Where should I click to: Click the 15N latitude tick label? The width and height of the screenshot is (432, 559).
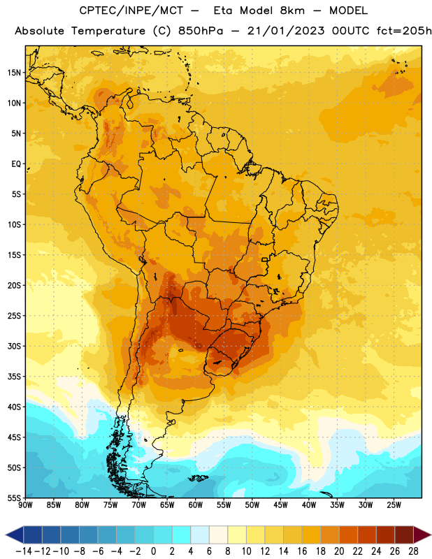[14, 73]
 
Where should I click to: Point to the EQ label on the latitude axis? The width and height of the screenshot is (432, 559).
[16, 164]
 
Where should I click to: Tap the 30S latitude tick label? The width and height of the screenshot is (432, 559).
[14, 346]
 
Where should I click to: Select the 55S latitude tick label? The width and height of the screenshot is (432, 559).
[14, 498]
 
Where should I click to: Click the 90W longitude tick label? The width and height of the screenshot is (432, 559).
[25, 505]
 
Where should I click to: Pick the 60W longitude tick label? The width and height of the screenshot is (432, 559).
[196, 505]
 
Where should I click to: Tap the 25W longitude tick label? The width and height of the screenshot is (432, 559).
[394, 505]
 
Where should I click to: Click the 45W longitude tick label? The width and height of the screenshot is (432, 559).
[281, 505]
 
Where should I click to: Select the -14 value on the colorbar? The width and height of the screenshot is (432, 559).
[24, 551]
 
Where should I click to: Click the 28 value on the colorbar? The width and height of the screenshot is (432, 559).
[413, 551]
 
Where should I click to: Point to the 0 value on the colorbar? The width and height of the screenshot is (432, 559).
[153, 551]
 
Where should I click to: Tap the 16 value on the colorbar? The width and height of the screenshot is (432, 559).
[302, 551]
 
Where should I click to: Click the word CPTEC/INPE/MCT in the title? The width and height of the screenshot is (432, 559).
[131, 10]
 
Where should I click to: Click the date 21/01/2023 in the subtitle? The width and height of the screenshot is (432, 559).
[286, 31]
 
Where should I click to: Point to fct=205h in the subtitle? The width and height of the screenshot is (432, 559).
[404, 31]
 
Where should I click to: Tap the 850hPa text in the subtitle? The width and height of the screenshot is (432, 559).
[201, 31]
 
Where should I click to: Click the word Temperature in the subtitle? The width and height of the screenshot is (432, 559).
[108, 31]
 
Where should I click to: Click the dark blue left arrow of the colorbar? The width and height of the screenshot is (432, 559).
[15, 535]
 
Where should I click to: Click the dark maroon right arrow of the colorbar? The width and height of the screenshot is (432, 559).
[422, 535]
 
